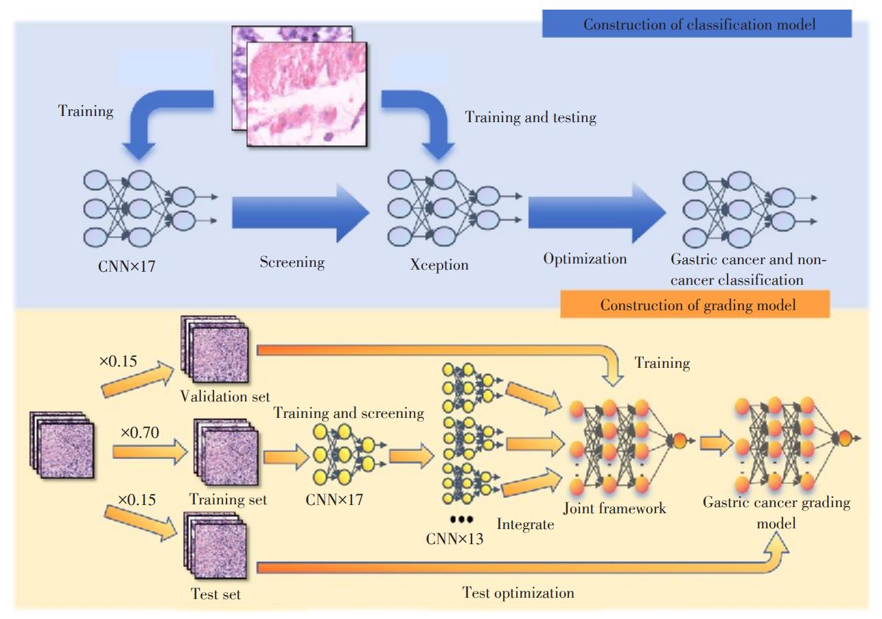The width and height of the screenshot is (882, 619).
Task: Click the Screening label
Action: (x=292, y=262)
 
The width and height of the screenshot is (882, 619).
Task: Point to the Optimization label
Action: (x=585, y=259)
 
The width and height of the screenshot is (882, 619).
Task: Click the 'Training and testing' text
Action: (x=531, y=117)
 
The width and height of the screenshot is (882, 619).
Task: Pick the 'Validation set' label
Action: (x=225, y=396)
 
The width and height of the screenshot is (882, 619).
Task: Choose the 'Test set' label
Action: (x=216, y=594)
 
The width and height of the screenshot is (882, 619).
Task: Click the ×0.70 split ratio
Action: (x=141, y=433)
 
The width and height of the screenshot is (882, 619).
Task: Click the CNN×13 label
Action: (x=454, y=539)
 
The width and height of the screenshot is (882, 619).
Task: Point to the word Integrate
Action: (x=525, y=525)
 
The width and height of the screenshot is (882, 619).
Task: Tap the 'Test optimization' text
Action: (x=518, y=592)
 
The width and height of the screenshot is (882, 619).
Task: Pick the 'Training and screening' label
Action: (x=349, y=413)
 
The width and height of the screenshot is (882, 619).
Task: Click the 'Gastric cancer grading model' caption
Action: (x=776, y=513)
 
